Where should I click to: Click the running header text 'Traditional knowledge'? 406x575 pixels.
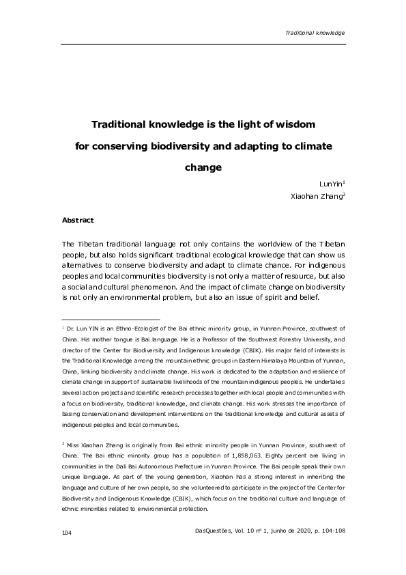tap(315, 33)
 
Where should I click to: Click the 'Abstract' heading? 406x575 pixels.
tap(77, 221)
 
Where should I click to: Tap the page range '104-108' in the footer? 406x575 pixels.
tap(330, 550)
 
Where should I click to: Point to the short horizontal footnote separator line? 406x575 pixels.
tap(110, 318)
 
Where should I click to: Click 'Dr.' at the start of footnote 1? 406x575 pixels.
tap(71, 328)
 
